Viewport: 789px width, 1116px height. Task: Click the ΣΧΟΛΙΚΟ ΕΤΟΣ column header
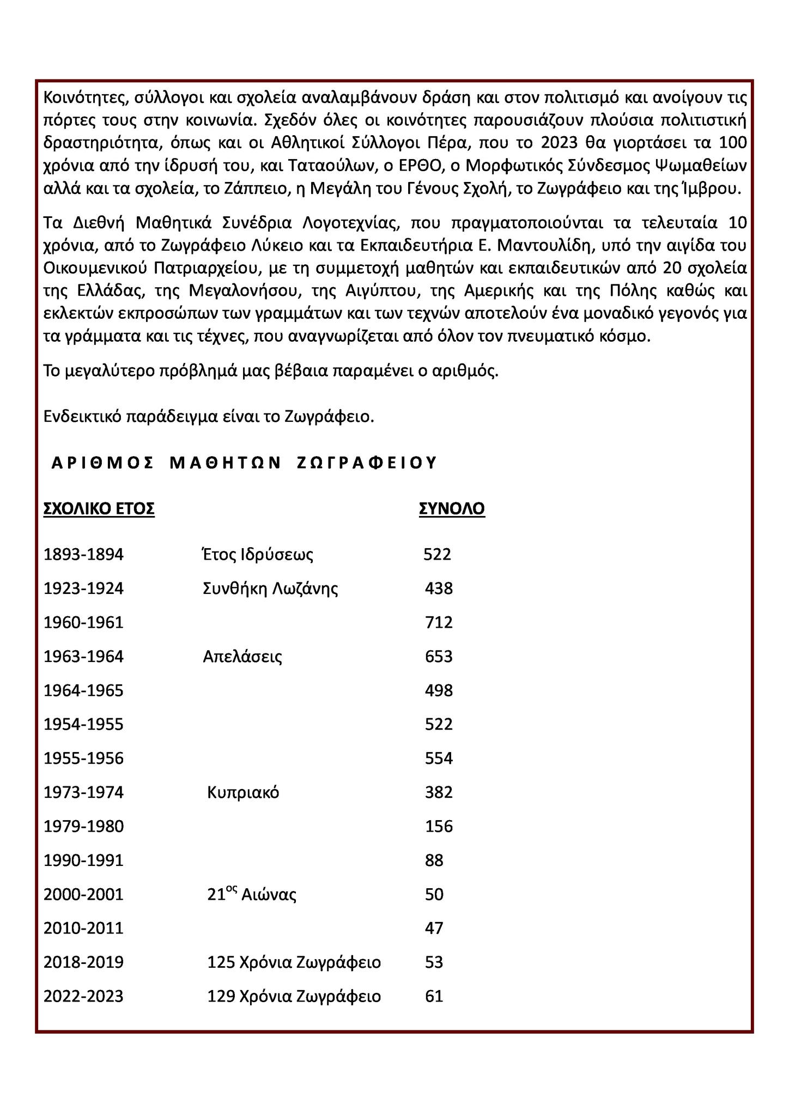point(99,509)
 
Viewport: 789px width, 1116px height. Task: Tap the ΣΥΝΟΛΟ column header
point(452,509)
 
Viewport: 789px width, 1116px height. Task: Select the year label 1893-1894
point(83,555)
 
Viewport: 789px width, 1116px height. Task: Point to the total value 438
point(439,589)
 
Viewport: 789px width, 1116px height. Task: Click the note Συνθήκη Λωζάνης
point(270,589)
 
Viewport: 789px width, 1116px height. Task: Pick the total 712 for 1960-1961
point(439,622)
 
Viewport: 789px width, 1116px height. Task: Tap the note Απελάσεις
point(242,657)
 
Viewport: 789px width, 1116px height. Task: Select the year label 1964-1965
point(83,691)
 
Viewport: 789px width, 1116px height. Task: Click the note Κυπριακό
point(243,792)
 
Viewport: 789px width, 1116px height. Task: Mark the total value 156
point(439,827)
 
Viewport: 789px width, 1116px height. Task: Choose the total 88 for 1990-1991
point(434,860)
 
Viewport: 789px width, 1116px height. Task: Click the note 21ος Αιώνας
point(252,894)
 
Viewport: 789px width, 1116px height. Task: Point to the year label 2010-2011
point(83,928)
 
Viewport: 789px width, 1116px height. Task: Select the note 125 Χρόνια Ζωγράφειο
point(294,962)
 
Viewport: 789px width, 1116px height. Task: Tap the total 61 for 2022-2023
point(434,997)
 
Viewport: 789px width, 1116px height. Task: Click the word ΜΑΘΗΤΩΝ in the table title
point(225,463)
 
